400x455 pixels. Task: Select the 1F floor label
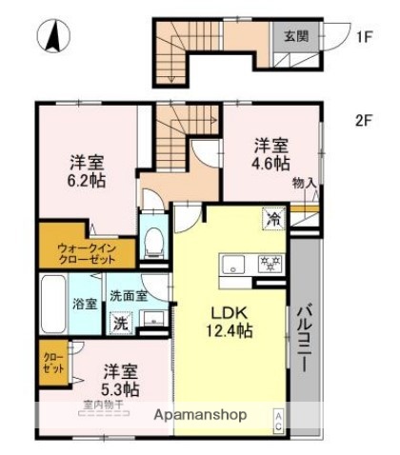click(x=364, y=38)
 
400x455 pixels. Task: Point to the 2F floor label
click(x=363, y=121)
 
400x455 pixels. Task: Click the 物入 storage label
click(x=305, y=182)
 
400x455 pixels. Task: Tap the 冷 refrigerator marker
click(x=274, y=218)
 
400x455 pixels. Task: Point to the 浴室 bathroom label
click(x=85, y=304)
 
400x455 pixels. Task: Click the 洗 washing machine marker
click(x=121, y=322)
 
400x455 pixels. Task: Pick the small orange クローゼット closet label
click(x=52, y=363)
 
